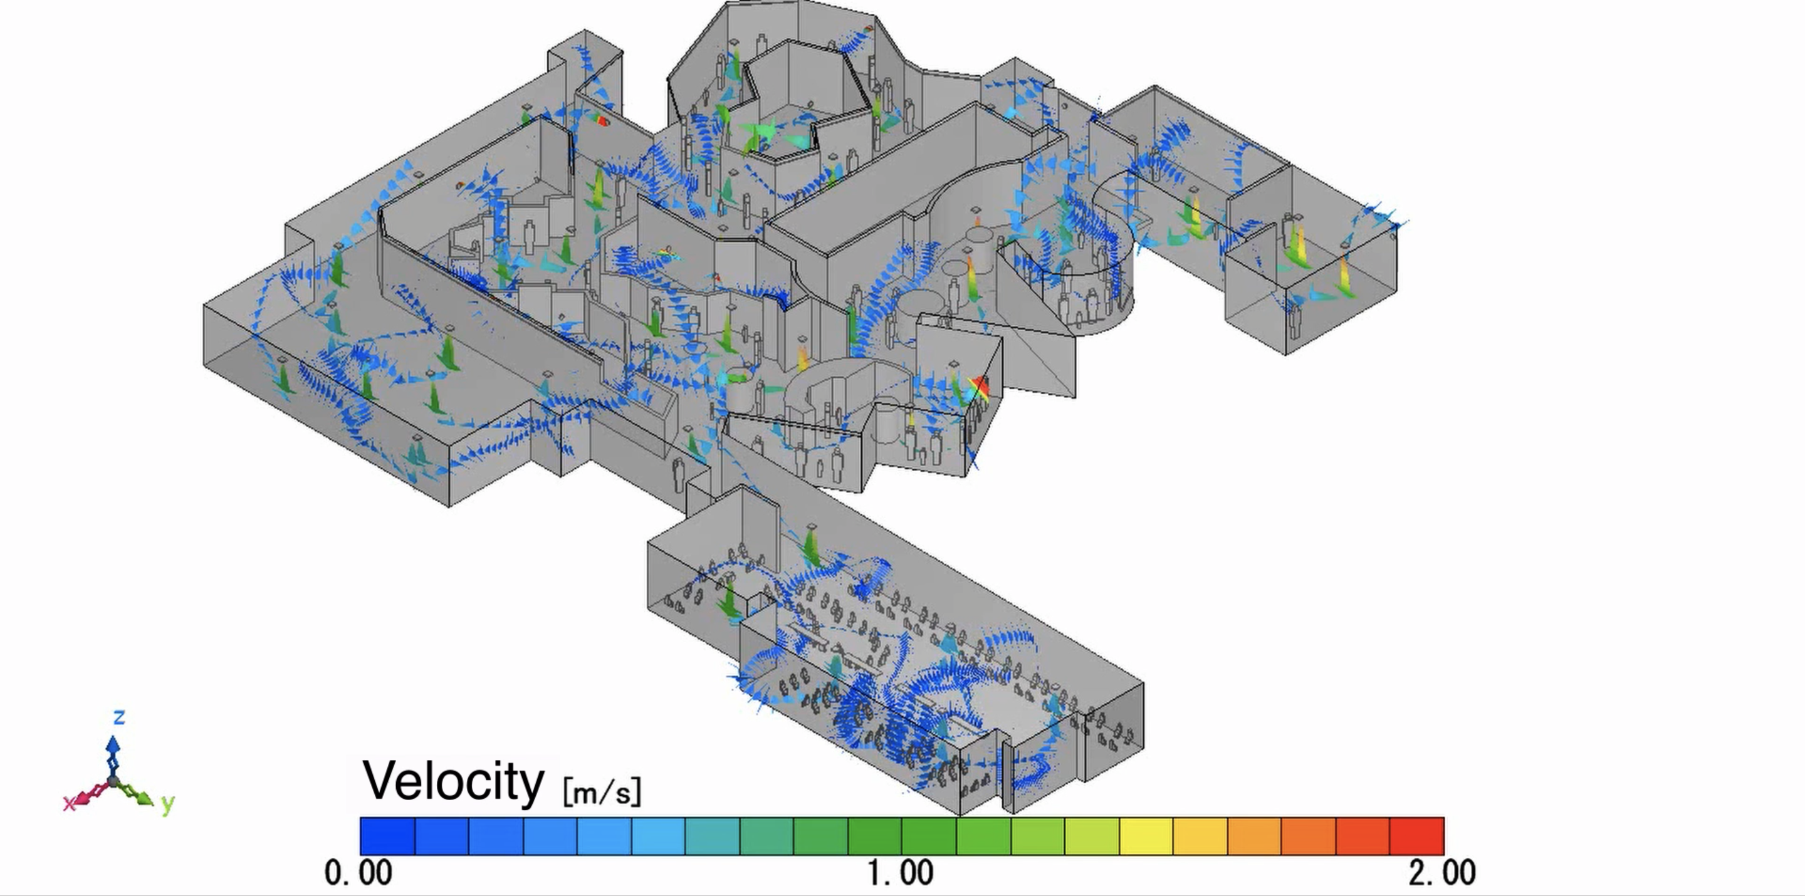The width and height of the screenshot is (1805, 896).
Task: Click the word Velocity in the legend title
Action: coord(453,782)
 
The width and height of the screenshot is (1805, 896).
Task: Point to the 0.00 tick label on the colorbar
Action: coord(358,873)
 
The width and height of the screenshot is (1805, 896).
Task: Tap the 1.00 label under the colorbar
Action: coord(901,873)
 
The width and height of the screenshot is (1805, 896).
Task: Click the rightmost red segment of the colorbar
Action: coord(1417,836)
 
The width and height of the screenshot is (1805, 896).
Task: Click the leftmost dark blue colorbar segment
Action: coord(387,836)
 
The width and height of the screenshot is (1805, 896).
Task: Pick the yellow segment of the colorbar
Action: coord(1146,836)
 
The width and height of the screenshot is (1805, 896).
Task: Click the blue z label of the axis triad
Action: coord(119,717)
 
